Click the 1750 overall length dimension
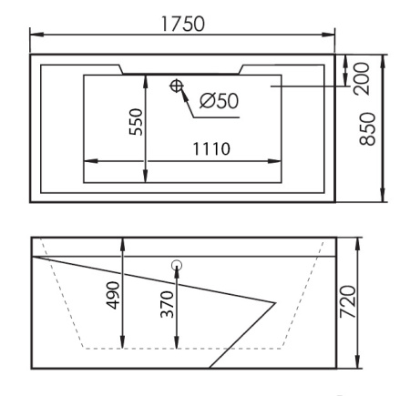(x=183, y=24)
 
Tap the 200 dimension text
(x=362, y=78)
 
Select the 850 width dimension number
(x=367, y=129)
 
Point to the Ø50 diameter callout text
(x=219, y=100)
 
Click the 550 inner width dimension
(x=136, y=122)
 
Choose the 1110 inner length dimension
(x=211, y=148)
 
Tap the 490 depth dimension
(x=113, y=296)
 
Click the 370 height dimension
(x=167, y=304)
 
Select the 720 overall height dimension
(x=347, y=301)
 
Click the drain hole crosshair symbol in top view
(x=176, y=86)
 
